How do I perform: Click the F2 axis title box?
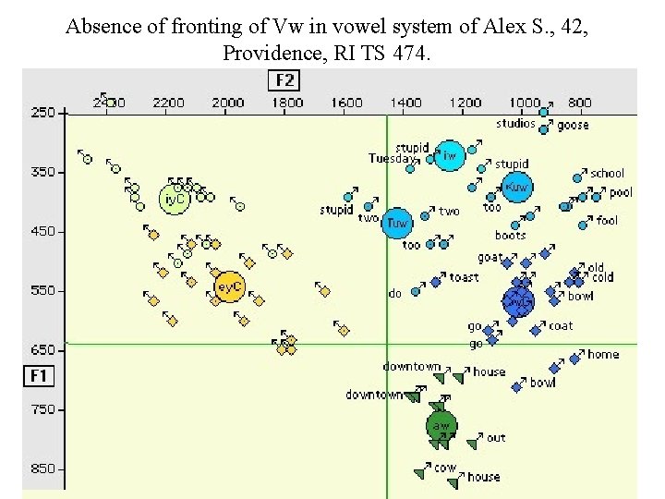click(x=284, y=80)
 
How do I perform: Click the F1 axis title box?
click(x=39, y=375)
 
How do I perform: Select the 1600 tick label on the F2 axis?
click(x=346, y=103)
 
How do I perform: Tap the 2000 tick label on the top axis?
click(x=228, y=103)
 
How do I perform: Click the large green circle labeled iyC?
click(x=174, y=198)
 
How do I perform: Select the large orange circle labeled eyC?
click(x=228, y=287)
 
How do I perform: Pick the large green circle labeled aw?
click(x=441, y=426)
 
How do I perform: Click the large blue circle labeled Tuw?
click(x=397, y=223)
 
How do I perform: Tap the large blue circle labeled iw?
click(x=450, y=156)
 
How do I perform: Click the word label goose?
click(x=573, y=125)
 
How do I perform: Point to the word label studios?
click(x=515, y=124)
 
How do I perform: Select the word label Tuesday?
click(x=392, y=159)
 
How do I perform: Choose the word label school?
click(x=607, y=173)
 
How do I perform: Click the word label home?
click(x=603, y=354)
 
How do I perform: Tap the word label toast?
click(x=464, y=277)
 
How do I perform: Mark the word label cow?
click(x=445, y=468)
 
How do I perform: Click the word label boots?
click(x=510, y=236)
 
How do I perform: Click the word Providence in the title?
click(x=268, y=53)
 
